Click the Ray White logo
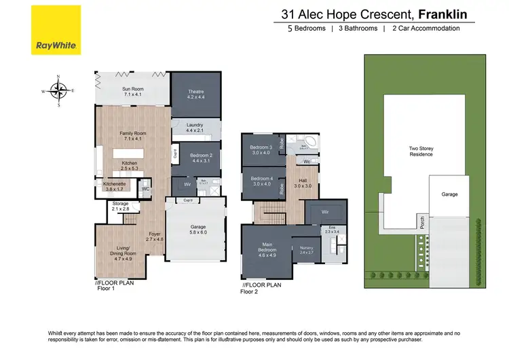pos(56,30)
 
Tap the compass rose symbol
pos(59,90)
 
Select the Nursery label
pos(306,250)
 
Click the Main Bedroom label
pos(266,251)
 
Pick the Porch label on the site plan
pos(421,219)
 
